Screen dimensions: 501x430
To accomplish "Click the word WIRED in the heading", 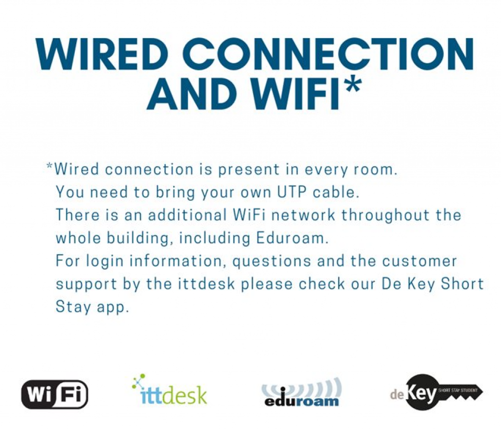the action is coord(102,54).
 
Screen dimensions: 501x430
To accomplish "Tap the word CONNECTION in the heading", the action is coord(328,54).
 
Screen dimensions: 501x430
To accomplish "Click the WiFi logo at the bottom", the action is coord(55,394).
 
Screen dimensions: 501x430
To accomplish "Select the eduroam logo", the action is coord(301,392).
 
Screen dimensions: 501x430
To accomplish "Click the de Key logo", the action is coord(436,393).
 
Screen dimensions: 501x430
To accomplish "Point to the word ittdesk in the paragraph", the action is coord(206,284).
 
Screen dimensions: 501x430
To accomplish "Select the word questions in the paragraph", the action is coord(272,261).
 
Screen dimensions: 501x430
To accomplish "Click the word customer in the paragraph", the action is coord(419,261).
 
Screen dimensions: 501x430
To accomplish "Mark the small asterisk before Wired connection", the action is coord(49,166).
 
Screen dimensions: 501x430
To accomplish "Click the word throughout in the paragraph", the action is coord(386,215).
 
